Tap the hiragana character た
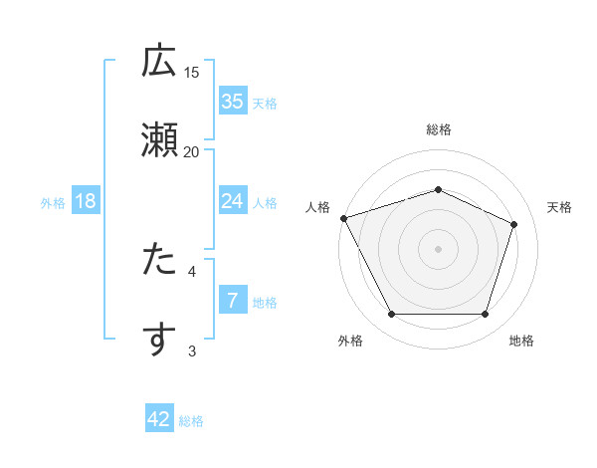pos(159,260)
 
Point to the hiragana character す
pos(159,340)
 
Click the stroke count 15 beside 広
pos(192,72)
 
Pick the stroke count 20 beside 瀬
pos(192,151)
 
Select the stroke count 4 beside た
pos(192,270)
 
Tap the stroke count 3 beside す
pos(192,350)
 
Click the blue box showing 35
pos(232,101)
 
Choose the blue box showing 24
pos(232,201)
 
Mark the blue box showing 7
pos(232,300)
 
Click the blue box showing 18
pos(86,201)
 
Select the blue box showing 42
pos(159,419)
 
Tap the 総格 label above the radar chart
pos(438,129)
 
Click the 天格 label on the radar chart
pos(559,207)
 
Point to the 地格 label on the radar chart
pos(521,341)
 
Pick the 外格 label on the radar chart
pos(350,341)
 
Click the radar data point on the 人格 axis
pos(343,218)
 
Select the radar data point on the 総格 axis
pos(438,189)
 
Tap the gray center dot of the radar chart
pos(438,248)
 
